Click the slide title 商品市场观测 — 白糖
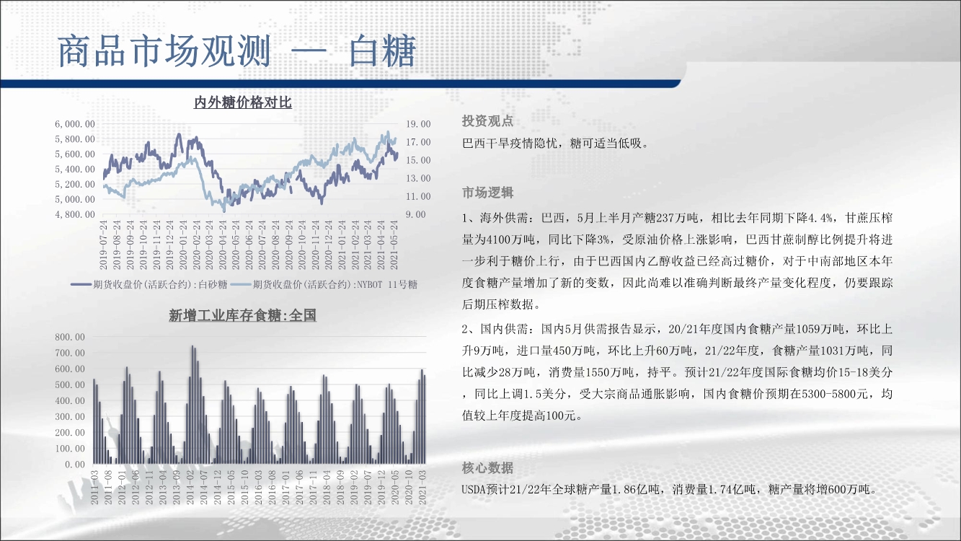236,51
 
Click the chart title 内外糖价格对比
243,102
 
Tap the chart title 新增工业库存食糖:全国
242,316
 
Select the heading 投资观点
487,121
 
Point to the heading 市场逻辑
487,193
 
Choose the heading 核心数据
487,467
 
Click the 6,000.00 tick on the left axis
75,124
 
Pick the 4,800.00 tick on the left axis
75,214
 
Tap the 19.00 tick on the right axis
418,124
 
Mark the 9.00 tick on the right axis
416,214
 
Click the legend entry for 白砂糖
149,284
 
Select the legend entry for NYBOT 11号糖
324,284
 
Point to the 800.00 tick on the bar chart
70,337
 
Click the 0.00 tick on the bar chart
75,465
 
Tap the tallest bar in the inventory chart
192,405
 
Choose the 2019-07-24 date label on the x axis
103,245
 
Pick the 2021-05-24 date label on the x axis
394,245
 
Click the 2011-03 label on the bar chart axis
94,488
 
